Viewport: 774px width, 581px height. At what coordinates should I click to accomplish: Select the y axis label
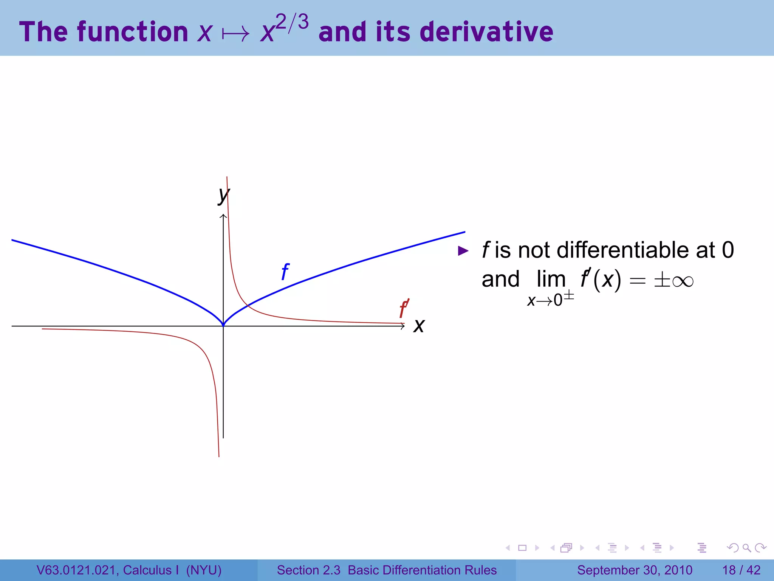tap(224, 195)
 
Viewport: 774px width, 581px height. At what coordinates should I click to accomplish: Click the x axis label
tap(419, 326)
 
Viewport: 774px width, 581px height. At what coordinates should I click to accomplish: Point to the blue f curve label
tap(285, 272)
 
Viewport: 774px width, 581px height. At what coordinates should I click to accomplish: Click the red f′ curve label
tap(404, 308)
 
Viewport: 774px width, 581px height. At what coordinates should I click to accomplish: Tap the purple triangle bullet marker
tap(463, 251)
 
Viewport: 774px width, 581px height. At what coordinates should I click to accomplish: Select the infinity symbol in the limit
tap(683, 281)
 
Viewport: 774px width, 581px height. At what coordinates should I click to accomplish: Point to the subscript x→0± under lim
tap(550, 300)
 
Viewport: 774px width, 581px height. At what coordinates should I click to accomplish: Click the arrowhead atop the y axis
tap(223, 216)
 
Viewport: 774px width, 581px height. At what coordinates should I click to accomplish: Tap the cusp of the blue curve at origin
tap(223, 325)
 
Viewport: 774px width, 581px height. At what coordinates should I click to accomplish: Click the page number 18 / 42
tap(741, 570)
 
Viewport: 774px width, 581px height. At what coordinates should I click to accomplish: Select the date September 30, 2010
tap(635, 570)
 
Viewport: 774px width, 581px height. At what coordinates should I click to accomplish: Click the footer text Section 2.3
tap(308, 570)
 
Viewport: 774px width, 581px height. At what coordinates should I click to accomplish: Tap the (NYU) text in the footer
tap(204, 570)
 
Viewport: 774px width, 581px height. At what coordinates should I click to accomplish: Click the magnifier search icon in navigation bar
tap(746, 548)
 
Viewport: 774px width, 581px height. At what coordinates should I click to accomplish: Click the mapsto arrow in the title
tap(236, 34)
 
